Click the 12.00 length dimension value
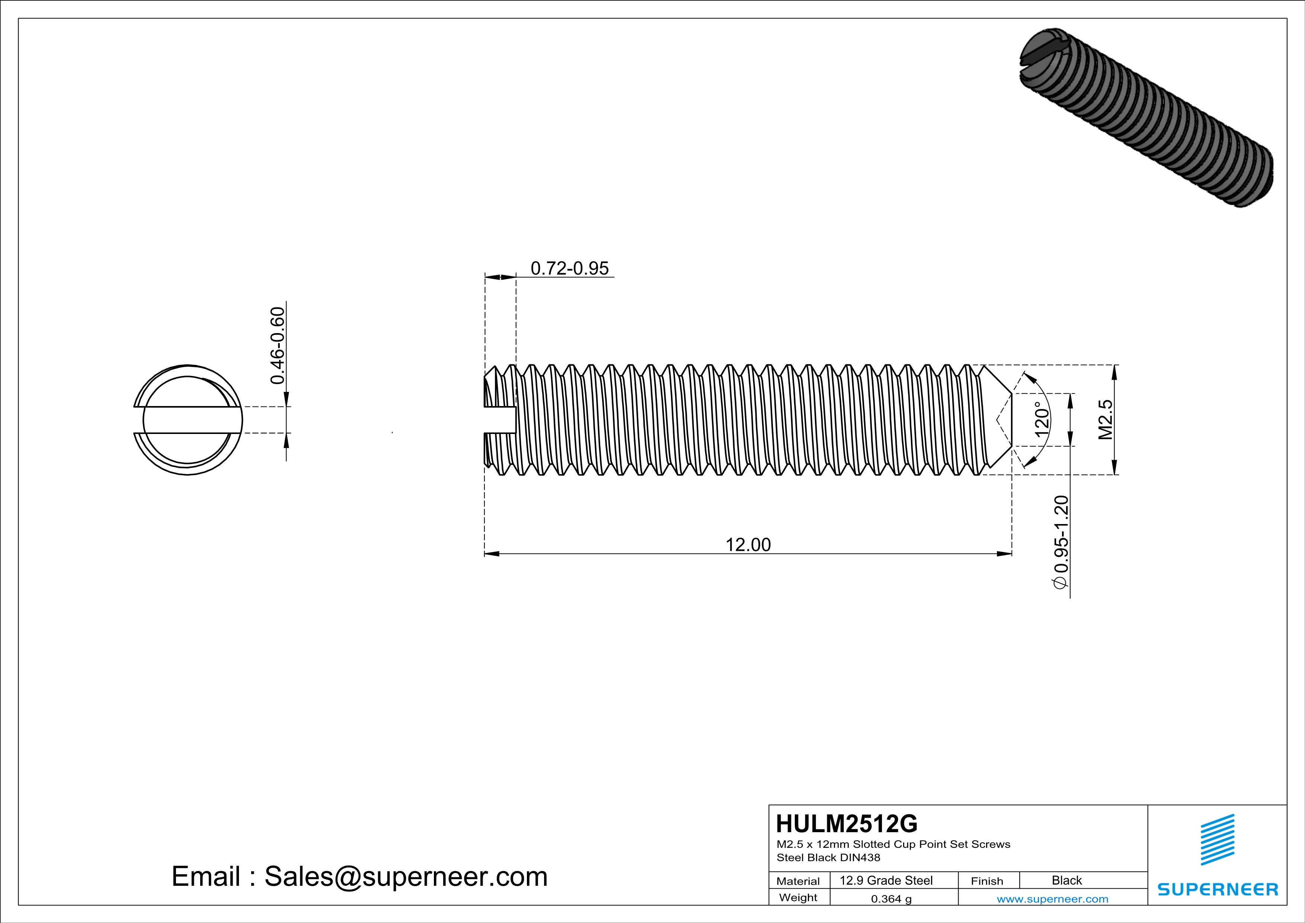(x=748, y=544)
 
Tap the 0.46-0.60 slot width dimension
(x=277, y=345)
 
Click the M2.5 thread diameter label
(x=1105, y=419)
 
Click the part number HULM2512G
(x=846, y=824)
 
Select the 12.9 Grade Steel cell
(x=886, y=880)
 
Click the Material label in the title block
(x=798, y=881)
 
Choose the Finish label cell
(x=987, y=881)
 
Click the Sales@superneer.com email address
(x=406, y=876)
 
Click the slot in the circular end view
(x=188, y=420)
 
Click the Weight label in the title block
(x=798, y=897)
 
